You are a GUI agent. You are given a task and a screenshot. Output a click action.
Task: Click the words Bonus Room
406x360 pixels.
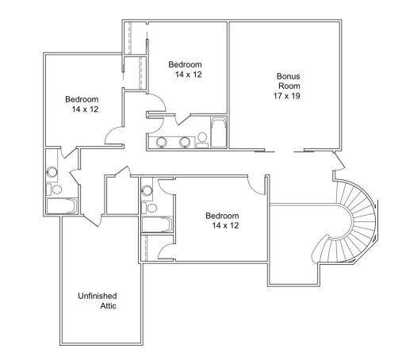click(x=288, y=82)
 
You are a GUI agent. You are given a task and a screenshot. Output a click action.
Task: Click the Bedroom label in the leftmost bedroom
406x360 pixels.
click(x=82, y=100)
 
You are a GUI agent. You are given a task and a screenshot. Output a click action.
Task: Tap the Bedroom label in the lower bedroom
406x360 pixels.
click(x=222, y=215)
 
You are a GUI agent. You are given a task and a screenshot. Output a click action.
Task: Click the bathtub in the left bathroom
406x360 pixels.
click(x=60, y=206)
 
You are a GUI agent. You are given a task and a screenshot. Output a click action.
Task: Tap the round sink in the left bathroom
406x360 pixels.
click(x=52, y=170)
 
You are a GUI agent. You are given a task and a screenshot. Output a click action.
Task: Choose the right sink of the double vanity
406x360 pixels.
click(x=186, y=143)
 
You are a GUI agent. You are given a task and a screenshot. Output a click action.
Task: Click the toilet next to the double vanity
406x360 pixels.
click(x=202, y=139)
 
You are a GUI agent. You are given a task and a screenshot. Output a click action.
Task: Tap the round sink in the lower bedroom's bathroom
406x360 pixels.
click(x=147, y=191)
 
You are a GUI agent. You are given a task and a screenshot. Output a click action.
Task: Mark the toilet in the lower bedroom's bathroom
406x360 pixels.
click(x=147, y=209)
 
